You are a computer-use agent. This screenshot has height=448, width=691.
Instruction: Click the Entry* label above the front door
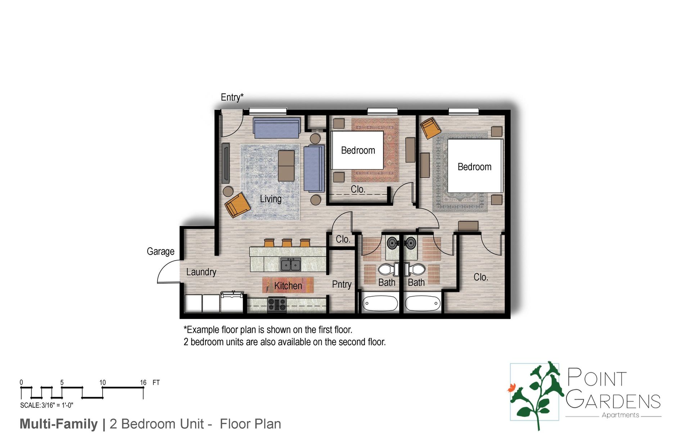(x=232, y=97)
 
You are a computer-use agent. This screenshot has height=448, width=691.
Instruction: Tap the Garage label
(x=161, y=251)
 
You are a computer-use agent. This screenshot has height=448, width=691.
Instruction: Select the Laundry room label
(x=201, y=272)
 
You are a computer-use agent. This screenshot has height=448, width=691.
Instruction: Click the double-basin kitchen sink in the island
(x=291, y=265)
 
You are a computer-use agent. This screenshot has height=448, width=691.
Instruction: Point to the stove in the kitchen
(x=277, y=304)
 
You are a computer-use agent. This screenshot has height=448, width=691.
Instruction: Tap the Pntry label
(x=342, y=284)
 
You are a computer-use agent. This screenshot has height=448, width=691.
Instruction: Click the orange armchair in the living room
(x=237, y=205)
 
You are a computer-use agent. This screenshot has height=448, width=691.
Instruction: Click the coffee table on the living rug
(x=286, y=166)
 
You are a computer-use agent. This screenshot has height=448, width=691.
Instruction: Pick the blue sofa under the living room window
(x=276, y=128)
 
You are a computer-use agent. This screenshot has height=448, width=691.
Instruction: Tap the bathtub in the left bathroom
(x=380, y=303)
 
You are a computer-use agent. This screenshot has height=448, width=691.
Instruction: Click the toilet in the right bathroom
(x=417, y=269)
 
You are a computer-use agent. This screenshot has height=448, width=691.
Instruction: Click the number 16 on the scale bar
(x=143, y=382)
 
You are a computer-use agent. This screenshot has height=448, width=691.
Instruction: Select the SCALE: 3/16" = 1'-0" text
(x=47, y=405)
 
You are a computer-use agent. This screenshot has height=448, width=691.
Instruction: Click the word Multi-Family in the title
(x=59, y=424)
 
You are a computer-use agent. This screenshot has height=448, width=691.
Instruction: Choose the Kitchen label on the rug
(x=288, y=286)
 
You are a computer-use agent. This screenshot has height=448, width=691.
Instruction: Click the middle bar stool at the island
(x=287, y=243)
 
